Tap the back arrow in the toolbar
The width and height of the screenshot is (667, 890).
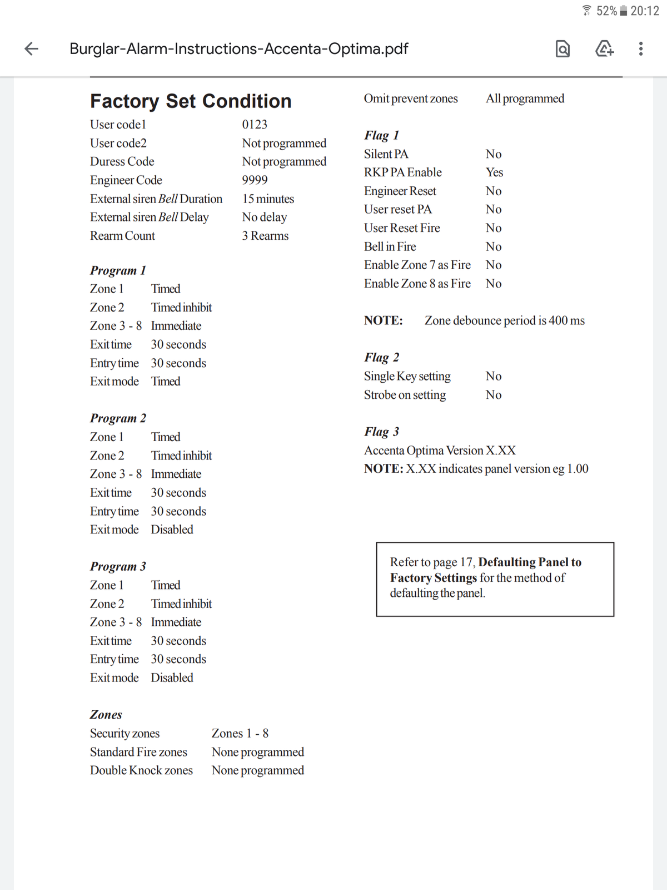[x=32, y=49]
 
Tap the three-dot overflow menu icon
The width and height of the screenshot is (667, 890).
[x=641, y=49]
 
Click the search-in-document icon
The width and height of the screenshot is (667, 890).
[x=563, y=49]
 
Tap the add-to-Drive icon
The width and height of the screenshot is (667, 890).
[x=604, y=49]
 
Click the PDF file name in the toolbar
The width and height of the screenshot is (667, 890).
[x=238, y=49]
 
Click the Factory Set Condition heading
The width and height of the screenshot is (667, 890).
[x=191, y=101]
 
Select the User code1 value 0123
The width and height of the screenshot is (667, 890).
[x=255, y=125]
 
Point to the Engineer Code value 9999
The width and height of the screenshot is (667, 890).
[x=255, y=180]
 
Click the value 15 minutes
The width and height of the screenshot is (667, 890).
[x=268, y=199]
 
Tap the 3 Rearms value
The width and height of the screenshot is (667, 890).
[x=265, y=236]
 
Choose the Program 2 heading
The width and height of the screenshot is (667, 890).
[x=118, y=418]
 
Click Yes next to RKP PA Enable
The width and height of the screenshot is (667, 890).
[x=494, y=172]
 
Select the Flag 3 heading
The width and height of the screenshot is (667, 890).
[x=381, y=432]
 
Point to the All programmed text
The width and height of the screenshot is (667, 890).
[x=525, y=98]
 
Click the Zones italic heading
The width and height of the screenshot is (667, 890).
[x=106, y=715]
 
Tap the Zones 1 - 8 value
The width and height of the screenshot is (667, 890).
[x=240, y=734]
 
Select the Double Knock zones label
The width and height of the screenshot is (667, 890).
[x=141, y=770]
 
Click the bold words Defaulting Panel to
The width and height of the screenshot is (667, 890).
[x=530, y=562]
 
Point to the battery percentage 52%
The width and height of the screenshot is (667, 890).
[x=606, y=11]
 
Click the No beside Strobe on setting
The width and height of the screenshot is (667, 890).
[x=494, y=395]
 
